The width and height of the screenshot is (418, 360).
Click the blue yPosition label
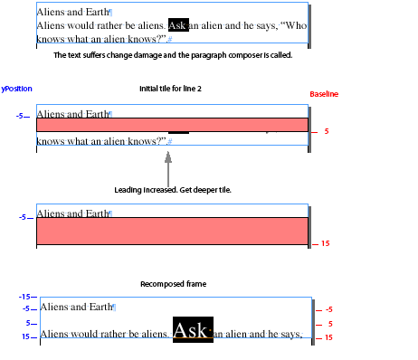pos(17,90)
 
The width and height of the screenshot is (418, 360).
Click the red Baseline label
pos(324,94)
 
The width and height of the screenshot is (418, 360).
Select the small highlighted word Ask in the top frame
pos(177,25)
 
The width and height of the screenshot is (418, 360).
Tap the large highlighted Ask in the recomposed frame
pos(192,329)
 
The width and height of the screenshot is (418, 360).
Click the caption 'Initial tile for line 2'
pos(169,89)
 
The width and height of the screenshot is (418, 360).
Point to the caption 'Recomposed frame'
pos(173,284)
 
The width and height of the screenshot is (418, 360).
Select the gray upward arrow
pos(168,166)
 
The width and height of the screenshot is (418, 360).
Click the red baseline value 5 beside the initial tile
pos(327,132)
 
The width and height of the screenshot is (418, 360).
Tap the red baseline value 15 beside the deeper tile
pos(325,243)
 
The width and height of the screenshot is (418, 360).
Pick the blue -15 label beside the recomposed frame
pos(24,296)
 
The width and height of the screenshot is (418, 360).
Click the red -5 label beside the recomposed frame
pos(328,309)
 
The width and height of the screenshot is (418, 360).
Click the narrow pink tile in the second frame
pos(172,125)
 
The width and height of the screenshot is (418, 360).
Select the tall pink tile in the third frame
pos(172,231)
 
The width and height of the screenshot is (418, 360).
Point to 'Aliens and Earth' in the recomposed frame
pos(75,307)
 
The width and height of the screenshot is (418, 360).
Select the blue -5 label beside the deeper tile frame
pos(22,218)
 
